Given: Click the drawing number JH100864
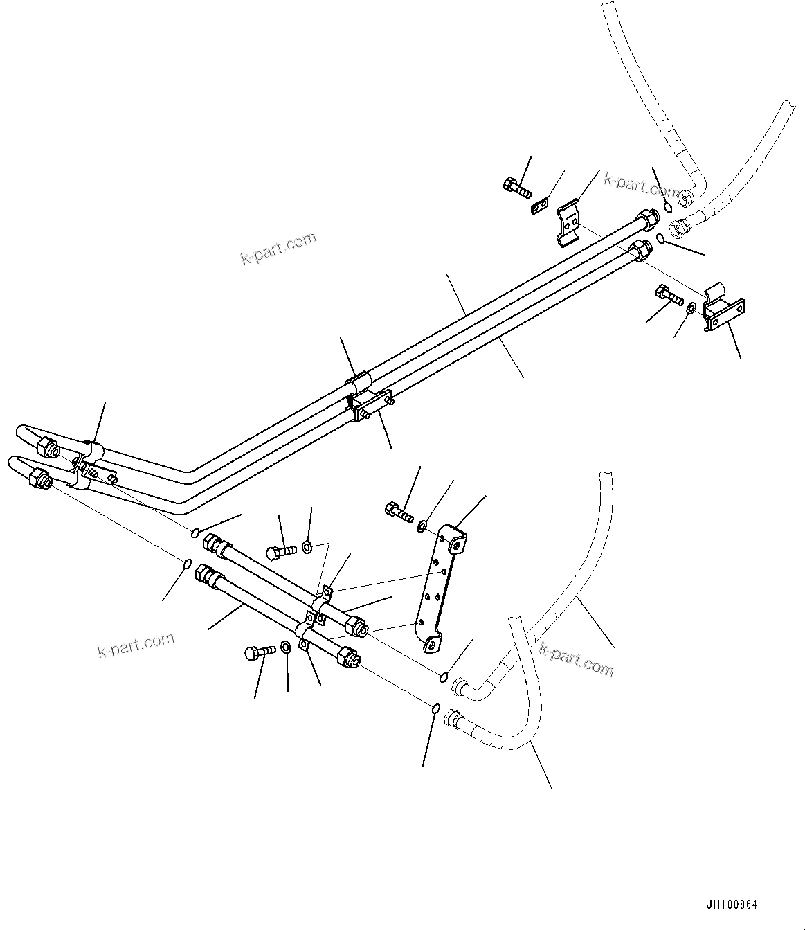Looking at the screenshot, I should click(x=732, y=904).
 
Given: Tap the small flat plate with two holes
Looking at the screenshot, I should click(x=540, y=206).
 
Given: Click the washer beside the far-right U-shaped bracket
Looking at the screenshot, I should click(x=691, y=305).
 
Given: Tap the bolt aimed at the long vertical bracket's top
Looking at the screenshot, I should click(x=397, y=512).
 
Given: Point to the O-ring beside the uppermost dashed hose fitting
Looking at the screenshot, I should click(x=667, y=206).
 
